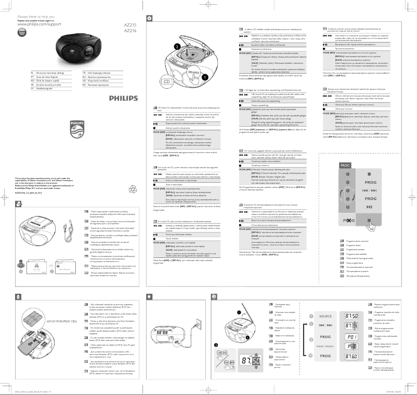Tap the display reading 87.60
pyautogui.click(x=380, y=357)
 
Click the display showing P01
pyautogui.click(x=380, y=336)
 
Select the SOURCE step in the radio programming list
pyautogui.click(x=325, y=316)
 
